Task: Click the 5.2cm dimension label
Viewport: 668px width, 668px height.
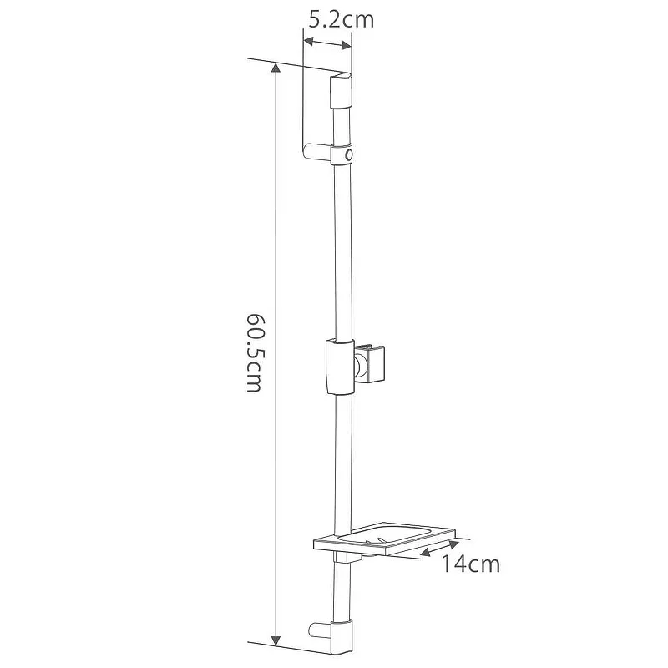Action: click(x=341, y=19)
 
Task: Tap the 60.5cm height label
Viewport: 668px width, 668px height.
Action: click(x=255, y=352)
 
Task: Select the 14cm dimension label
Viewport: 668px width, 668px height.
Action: click(x=470, y=564)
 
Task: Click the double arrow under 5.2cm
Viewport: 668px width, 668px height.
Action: click(x=327, y=43)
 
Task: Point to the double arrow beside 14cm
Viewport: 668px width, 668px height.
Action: click(x=439, y=548)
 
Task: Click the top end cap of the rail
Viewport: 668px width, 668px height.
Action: click(x=341, y=91)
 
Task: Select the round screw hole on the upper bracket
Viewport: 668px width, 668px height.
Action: click(x=349, y=154)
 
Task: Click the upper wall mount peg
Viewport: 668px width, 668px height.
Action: click(x=317, y=153)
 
